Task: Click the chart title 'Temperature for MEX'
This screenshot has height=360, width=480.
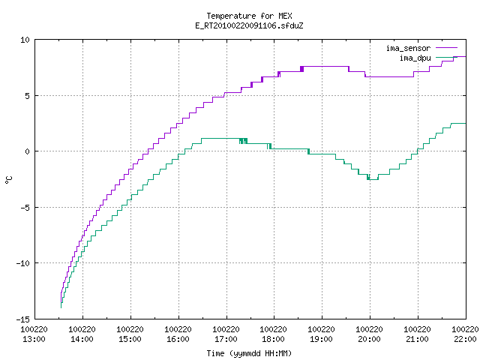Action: (x=249, y=16)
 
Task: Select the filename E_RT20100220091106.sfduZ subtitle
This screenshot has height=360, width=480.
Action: (x=249, y=25)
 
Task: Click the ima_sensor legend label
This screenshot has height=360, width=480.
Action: (x=408, y=48)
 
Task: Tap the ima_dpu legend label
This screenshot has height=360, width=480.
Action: (x=415, y=58)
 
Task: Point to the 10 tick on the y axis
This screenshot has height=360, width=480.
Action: (x=25, y=40)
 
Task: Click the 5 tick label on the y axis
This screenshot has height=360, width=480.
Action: (x=27, y=96)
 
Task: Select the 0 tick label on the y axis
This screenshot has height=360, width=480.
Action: (x=27, y=151)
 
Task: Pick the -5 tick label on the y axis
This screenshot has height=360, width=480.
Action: (x=25, y=208)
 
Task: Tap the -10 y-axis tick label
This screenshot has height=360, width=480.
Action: (x=23, y=263)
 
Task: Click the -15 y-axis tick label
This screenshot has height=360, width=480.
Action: (x=23, y=319)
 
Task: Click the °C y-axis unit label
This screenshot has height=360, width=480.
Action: (x=8, y=180)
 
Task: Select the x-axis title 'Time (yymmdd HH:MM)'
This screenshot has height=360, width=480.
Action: (x=249, y=353)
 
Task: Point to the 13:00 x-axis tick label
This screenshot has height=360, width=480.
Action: (x=34, y=339)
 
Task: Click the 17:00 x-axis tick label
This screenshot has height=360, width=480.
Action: (x=226, y=339)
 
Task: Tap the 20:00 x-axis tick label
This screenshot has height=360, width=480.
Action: (x=369, y=339)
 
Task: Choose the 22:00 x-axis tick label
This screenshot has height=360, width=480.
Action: (x=465, y=339)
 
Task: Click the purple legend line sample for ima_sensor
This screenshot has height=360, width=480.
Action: (x=446, y=48)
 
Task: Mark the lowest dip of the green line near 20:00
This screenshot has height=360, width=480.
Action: (x=373, y=179)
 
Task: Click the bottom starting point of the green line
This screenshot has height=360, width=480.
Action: (x=61, y=307)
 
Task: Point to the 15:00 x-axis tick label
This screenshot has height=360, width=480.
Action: (x=130, y=339)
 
